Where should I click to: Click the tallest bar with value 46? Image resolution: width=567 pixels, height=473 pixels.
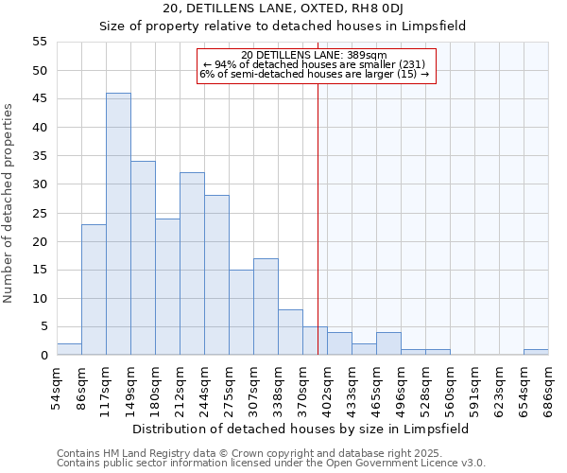pos(118,224)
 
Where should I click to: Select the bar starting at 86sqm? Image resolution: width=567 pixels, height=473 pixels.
pos(94,289)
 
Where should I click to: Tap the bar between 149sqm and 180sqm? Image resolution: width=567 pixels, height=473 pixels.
pos(143,258)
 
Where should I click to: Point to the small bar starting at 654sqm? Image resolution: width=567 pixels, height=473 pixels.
pos(536,352)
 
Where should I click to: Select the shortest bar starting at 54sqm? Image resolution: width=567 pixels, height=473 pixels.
pos(69,349)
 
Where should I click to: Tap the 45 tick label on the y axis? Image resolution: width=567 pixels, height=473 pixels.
pos(40,98)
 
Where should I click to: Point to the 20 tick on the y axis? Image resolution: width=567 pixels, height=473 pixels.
pos(40,241)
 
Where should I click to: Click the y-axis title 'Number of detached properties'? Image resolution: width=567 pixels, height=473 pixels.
pos(9,203)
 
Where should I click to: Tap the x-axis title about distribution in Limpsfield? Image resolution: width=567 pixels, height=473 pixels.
pos(301,429)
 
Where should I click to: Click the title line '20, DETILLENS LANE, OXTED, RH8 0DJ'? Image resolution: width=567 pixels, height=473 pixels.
pos(283,9)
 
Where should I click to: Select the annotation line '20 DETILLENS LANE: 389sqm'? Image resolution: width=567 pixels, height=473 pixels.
pos(314,55)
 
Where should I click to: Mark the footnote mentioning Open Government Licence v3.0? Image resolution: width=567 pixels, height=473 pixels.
pos(271,464)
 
